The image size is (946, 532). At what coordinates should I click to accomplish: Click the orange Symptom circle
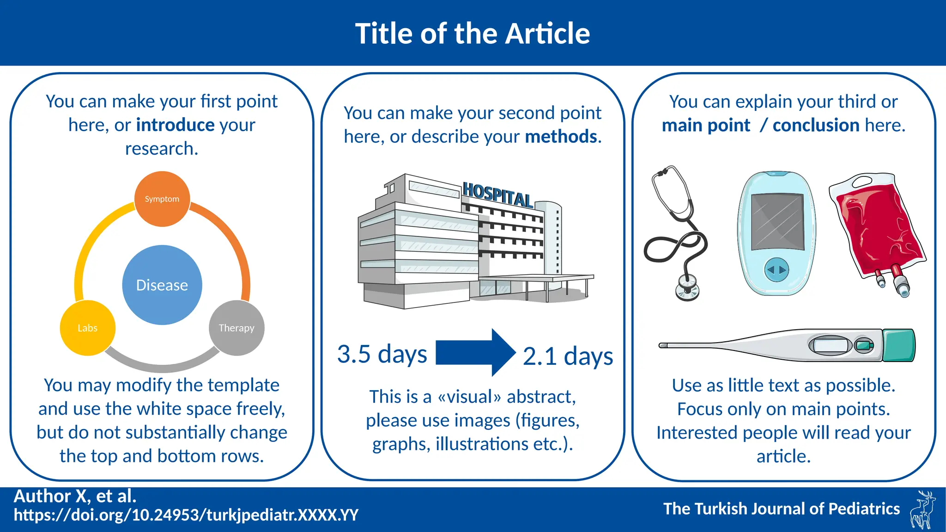(x=162, y=199)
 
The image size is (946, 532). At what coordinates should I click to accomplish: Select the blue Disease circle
(x=162, y=285)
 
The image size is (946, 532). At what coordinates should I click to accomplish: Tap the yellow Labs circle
(x=88, y=328)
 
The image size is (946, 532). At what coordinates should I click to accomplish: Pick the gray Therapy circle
(x=236, y=328)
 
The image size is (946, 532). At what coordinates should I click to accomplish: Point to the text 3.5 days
(x=382, y=354)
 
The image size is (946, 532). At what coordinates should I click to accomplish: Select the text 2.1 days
(x=568, y=357)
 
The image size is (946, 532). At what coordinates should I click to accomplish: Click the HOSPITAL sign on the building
(x=497, y=194)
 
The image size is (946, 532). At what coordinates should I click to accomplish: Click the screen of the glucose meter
(x=777, y=221)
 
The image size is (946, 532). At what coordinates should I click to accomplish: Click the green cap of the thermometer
(x=898, y=345)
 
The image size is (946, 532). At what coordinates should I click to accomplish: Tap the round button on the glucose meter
(x=776, y=270)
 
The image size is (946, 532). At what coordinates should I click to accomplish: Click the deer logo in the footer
(x=922, y=509)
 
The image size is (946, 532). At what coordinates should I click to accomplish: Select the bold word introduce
(x=175, y=125)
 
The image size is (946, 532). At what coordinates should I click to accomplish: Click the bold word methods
(x=561, y=137)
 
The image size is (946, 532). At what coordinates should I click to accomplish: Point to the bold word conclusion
(x=816, y=125)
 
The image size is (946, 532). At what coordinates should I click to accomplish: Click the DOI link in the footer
(x=186, y=515)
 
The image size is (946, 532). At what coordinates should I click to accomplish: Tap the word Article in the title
(x=547, y=34)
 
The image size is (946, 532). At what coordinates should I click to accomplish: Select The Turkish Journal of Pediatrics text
(x=782, y=508)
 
